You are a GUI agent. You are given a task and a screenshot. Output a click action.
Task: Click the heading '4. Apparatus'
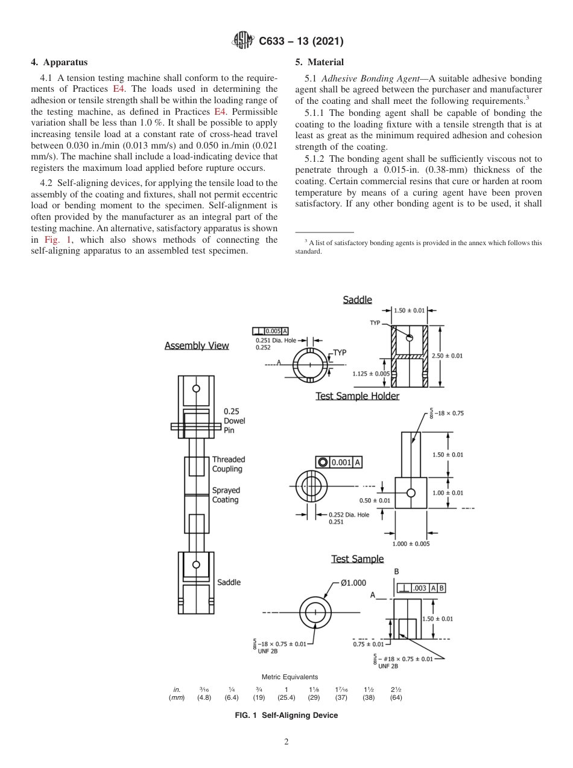(x=59, y=62)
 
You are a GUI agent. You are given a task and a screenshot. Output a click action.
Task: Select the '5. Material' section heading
(x=320, y=62)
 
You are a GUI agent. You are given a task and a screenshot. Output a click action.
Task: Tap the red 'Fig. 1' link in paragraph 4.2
(x=57, y=240)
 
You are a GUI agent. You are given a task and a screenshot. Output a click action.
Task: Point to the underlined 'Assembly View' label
(x=197, y=346)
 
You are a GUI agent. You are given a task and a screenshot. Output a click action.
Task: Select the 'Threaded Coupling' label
(x=228, y=464)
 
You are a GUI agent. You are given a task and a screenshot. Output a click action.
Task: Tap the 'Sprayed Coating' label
(x=226, y=495)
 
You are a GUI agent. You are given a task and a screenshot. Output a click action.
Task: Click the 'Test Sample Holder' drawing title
(x=357, y=396)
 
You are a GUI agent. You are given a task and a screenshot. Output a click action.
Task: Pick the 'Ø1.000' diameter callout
(x=353, y=583)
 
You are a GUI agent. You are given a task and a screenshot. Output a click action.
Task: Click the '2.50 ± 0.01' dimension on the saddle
(x=447, y=356)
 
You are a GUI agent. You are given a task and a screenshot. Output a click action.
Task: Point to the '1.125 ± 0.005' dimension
(x=371, y=374)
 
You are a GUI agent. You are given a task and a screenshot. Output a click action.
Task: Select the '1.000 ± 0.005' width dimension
(x=411, y=543)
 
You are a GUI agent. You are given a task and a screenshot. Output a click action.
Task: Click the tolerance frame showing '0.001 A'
(x=339, y=462)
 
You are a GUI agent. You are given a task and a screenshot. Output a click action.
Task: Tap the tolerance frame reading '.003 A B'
(x=421, y=588)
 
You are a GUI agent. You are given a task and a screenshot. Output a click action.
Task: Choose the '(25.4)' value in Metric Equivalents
(x=286, y=697)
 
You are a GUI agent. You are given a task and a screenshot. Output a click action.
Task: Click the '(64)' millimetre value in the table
(x=396, y=697)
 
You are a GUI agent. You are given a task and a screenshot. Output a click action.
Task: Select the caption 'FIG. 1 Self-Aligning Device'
(x=286, y=715)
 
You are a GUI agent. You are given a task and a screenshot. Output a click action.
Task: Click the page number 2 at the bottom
(x=286, y=743)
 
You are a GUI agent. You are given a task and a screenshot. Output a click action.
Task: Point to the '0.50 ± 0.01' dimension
(x=375, y=501)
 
